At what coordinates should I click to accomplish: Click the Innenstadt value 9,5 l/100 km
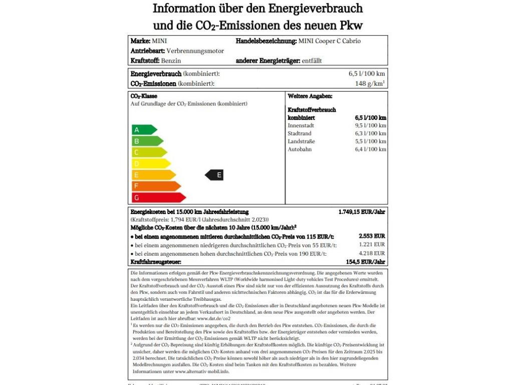pos(371,125)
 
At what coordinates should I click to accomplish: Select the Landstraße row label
pos(301,141)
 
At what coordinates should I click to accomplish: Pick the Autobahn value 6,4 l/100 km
pos(371,149)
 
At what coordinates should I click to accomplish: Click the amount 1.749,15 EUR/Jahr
pos(362,212)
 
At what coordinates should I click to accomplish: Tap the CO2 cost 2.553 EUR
pos(372,236)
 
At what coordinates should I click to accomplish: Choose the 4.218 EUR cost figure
pos(372,254)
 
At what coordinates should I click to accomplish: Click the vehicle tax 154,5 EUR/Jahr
pos(365,262)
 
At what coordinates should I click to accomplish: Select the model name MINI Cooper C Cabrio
pos(329,41)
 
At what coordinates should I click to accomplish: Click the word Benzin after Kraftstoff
pos(171,61)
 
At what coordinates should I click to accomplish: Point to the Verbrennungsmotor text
pos(195,51)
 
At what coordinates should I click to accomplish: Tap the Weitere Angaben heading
pos(310,96)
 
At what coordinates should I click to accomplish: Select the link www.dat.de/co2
pos(214,318)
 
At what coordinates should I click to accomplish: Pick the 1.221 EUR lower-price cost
pos(372,245)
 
